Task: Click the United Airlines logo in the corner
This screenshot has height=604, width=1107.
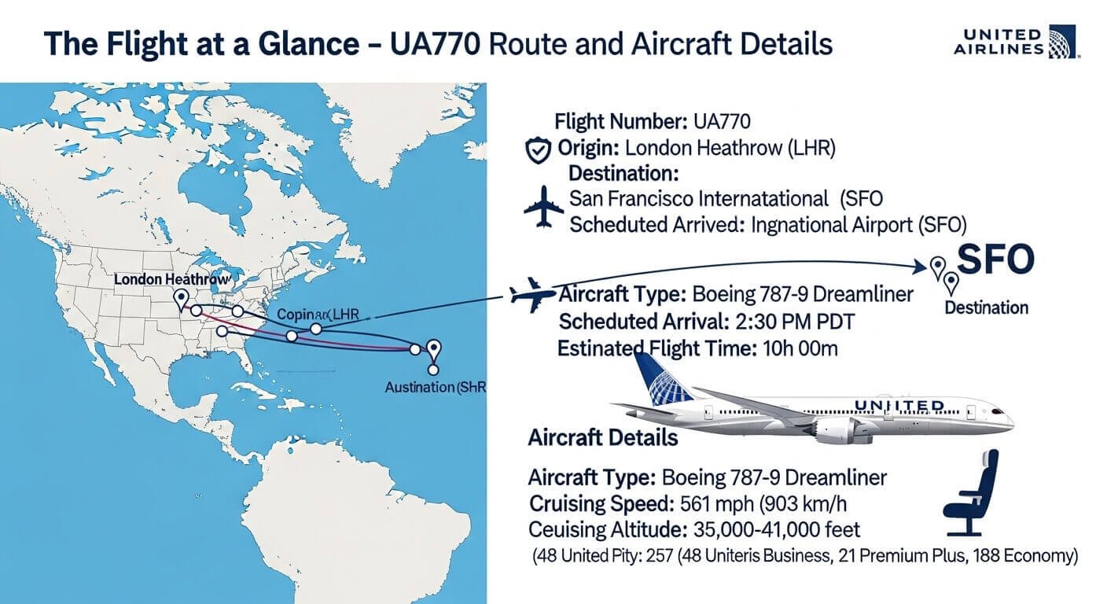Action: (1016, 41)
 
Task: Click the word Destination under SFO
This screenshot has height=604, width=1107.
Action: (986, 307)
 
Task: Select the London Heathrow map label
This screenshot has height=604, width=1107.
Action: (171, 279)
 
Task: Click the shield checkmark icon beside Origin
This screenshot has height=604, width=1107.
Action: (537, 149)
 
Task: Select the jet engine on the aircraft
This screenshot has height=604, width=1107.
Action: (837, 428)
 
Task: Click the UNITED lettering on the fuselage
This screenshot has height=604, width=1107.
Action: (899, 406)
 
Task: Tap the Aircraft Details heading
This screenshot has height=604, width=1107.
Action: (603, 437)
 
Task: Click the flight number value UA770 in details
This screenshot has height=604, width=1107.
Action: (722, 122)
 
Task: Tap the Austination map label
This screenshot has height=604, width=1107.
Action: (432, 388)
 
